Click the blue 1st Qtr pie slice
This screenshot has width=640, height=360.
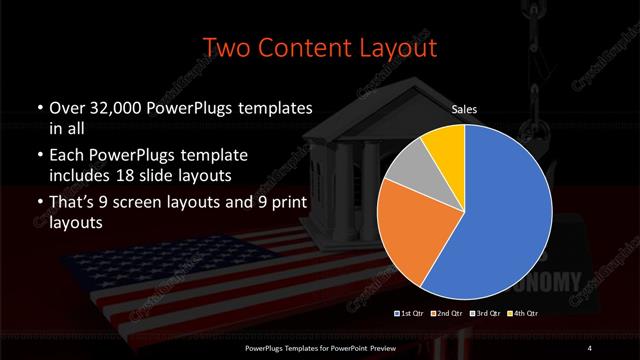[x=505, y=215]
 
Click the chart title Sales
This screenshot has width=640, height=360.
[x=464, y=108]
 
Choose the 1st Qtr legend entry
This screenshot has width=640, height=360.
[x=411, y=314]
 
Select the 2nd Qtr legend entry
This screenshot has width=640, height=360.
[x=448, y=314]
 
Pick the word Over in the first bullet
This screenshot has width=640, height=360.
[x=65, y=108]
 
